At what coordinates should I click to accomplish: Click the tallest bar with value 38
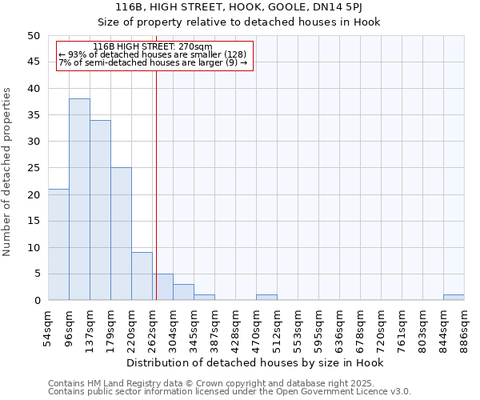79,199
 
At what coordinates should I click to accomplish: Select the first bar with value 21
58,244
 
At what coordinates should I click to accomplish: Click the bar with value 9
142,276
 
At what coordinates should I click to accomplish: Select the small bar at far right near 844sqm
454,298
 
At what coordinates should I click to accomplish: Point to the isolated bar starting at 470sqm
266,298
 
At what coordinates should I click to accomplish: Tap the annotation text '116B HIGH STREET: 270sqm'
152,47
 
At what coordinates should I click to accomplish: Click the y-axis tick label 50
33,36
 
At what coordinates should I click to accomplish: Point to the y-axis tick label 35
33,115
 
